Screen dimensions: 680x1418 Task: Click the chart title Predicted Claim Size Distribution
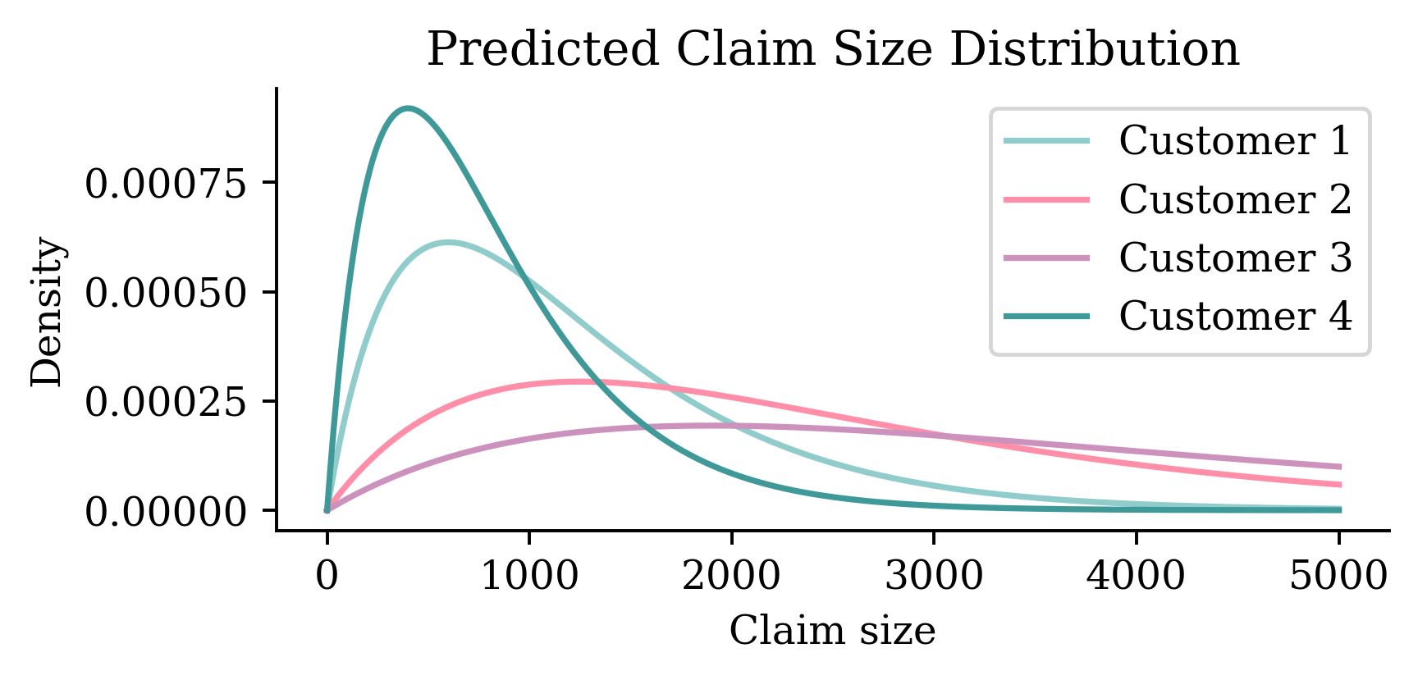point(832,49)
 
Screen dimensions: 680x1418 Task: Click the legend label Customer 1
point(1234,141)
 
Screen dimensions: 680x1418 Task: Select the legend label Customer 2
point(1234,199)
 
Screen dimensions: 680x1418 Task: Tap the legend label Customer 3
point(1234,258)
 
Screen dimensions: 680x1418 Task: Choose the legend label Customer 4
point(1234,316)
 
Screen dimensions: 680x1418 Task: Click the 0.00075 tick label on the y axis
point(166,184)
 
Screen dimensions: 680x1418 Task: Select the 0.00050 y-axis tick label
point(166,293)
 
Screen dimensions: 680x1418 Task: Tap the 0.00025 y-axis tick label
point(166,402)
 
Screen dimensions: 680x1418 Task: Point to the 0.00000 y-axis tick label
point(166,512)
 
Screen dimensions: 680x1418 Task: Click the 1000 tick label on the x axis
point(529,576)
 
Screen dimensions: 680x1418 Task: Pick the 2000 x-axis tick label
point(731,576)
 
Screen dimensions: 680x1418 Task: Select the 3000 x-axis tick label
point(934,576)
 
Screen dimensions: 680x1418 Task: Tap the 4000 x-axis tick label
point(1136,576)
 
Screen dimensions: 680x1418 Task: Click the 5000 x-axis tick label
point(1338,576)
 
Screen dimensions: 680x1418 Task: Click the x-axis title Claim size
point(832,632)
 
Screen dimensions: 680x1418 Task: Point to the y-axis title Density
point(48,312)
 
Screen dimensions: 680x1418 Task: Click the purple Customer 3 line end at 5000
point(1338,467)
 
